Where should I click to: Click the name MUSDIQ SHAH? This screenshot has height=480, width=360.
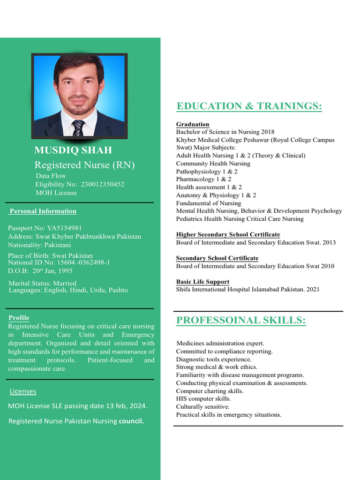click(73, 150)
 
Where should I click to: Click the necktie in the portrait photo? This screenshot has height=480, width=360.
click(78, 127)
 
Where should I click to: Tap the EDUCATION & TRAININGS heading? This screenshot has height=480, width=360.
click(249, 106)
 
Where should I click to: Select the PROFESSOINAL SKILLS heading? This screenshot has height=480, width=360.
click(241, 321)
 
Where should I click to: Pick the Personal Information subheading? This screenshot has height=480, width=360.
click(43, 211)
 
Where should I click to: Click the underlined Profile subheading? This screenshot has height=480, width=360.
click(19, 318)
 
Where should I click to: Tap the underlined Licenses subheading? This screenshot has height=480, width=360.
click(23, 391)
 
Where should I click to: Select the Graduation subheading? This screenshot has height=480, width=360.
click(193, 124)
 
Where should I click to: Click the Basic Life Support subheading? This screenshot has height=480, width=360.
click(202, 282)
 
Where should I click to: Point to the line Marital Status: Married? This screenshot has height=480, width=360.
click(42, 283)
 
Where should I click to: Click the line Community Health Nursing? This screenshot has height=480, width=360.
click(213, 164)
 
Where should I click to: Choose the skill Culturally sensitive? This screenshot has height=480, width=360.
click(202, 407)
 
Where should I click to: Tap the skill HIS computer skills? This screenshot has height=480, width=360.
click(203, 399)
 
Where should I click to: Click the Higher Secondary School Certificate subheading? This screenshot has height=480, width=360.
click(228, 234)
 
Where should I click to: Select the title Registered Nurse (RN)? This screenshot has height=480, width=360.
click(84, 165)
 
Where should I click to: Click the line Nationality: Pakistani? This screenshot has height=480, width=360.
click(39, 245)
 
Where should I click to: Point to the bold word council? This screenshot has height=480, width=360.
click(131, 421)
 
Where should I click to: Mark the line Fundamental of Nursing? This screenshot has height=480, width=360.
click(209, 203)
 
